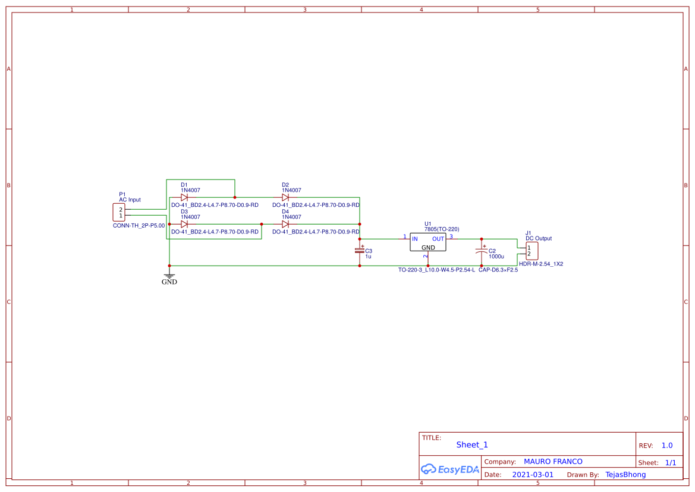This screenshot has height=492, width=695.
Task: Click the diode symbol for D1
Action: click(184, 197)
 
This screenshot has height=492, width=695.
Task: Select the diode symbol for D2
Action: click(285, 197)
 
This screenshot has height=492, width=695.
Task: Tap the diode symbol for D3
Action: click(184, 224)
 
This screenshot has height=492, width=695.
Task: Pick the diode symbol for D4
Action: click(285, 224)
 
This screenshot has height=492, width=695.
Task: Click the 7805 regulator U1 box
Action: click(427, 242)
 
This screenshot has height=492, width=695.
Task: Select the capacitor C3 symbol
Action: click(359, 250)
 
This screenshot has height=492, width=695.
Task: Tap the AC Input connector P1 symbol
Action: click(119, 213)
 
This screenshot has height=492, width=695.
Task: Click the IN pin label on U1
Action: click(414, 239)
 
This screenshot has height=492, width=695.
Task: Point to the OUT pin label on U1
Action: click(438, 239)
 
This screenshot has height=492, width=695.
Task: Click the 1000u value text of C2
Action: click(496, 257)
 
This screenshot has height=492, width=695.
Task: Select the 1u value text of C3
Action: click(369, 256)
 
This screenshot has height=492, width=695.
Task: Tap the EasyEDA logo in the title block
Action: click(450, 469)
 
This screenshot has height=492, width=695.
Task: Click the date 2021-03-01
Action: click(533, 475)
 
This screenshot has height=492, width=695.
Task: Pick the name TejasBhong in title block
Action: click(625, 475)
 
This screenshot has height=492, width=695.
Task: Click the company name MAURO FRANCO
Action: click(553, 462)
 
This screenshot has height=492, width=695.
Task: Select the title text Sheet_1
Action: click(472, 445)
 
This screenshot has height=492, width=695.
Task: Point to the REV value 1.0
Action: click(667, 446)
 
